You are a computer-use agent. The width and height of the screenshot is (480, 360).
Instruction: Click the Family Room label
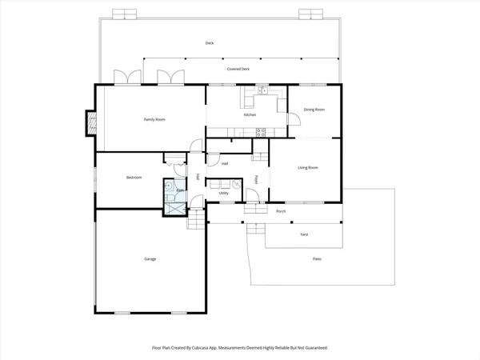coord(154,119)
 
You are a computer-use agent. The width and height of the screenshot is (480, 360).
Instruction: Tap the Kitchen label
coord(250,115)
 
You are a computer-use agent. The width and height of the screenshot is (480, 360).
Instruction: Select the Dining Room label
coord(314,110)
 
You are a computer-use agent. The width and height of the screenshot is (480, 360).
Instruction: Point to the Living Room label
coord(308,167)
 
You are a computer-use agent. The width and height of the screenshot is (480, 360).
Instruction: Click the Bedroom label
coord(134,177)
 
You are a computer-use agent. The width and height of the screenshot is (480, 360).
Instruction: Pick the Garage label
coord(150,259)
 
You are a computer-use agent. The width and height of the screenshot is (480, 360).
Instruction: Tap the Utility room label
coord(224,193)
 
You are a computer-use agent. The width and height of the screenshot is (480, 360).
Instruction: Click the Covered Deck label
coord(238,70)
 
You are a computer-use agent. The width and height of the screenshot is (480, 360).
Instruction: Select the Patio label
coord(318,258)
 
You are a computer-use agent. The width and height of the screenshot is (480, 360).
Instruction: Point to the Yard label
coord(303,234)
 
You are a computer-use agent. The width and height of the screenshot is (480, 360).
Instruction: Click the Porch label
coord(281,211)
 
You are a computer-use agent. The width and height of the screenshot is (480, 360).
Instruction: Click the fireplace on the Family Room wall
coord(90,122)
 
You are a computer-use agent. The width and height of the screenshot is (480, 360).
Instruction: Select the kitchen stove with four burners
coord(260,131)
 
